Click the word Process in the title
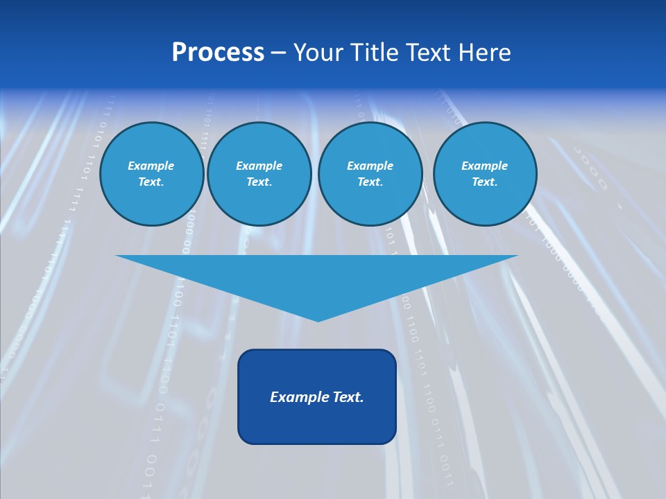pyautogui.click(x=218, y=53)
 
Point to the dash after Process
pyautogui.click(x=279, y=53)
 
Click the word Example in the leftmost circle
pyautogui.click(x=151, y=166)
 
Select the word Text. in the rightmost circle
pyautogui.click(x=484, y=182)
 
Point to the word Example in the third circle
pyautogui.click(x=370, y=166)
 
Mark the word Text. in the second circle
pyautogui.click(x=259, y=182)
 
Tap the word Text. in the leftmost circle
pyautogui.click(x=151, y=182)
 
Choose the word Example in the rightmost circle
pyautogui.click(x=485, y=166)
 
